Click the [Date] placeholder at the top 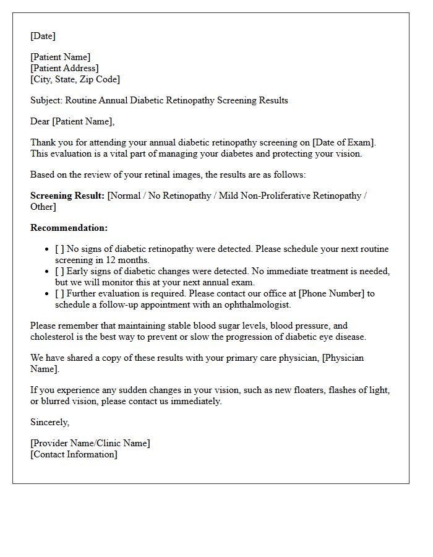(43, 36)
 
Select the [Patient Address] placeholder (64, 68)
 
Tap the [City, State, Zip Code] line (75, 79)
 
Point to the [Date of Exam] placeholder (346, 142)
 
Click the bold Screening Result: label (67, 196)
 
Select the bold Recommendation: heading (69, 228)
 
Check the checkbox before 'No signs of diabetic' (59, 249)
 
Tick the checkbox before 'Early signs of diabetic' (59, 271)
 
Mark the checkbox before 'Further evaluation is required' (59, 293)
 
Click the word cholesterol (53, 337)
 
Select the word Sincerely (50, 422)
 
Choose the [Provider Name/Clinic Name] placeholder (90, 443)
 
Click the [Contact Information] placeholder (74, 454)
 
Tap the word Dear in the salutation (40, 121)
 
